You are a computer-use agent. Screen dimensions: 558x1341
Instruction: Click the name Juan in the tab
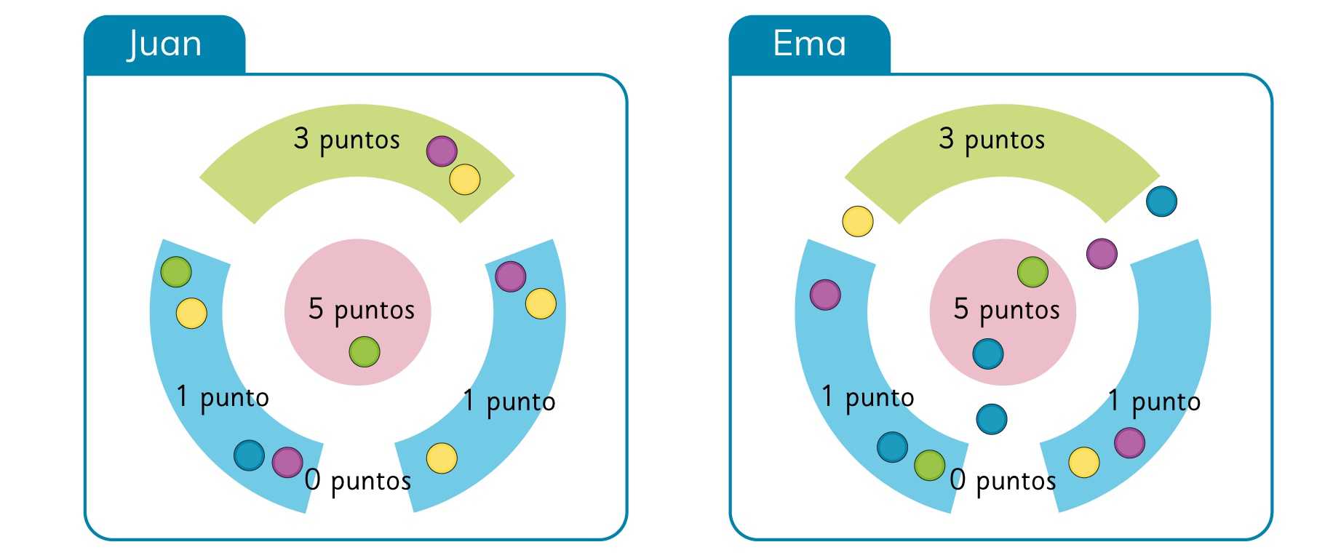point(164,44)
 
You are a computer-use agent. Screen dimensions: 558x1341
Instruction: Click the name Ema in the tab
point(809,44)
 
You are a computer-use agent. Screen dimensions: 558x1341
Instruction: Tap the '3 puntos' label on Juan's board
point(347,139)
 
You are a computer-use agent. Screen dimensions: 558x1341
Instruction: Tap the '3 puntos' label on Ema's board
point(992,139)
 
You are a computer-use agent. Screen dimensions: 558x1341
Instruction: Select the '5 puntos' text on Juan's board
point(362,309)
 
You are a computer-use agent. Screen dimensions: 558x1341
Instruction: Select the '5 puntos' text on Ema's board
point(1006,309)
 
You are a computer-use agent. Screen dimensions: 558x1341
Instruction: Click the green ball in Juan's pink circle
point(365,351)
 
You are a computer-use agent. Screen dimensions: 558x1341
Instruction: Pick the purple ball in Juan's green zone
point(442,151)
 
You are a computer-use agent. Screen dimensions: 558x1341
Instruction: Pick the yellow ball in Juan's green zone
point(465,180)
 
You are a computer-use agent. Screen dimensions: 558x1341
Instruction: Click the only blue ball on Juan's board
point(249,455)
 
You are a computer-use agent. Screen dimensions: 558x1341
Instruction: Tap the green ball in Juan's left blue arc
point(176,272)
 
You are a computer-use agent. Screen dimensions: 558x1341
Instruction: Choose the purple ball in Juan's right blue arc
point(511,276)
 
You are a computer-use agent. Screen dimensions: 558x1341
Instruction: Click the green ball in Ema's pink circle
point(1032,272)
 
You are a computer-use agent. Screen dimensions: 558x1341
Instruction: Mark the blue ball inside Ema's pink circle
point(988,354)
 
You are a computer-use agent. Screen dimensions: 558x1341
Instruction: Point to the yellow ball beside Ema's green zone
point(858,222)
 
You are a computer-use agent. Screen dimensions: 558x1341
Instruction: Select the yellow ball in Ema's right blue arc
point(1083,463)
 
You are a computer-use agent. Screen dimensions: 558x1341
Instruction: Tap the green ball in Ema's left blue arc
point(929,466)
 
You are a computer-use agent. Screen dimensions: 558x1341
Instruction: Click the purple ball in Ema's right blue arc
point(1129,442)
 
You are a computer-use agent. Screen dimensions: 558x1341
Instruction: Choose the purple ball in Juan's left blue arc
point(287,463)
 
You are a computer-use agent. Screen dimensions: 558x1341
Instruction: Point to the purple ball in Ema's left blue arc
point(825,295)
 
